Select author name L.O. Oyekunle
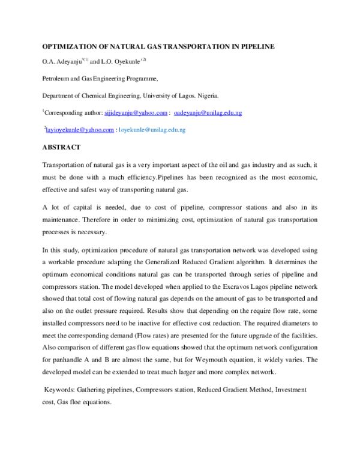119,61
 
